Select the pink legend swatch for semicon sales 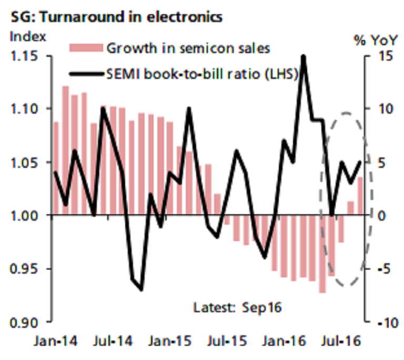(85, 48)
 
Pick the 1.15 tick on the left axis (25, 56)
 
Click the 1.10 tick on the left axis (25, 109)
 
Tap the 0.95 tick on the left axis (25, 268)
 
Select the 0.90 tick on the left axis (25, 321)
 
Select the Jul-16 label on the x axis (347, 341)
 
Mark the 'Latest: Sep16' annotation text (237, 307)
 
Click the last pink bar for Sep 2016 (360, 196)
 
